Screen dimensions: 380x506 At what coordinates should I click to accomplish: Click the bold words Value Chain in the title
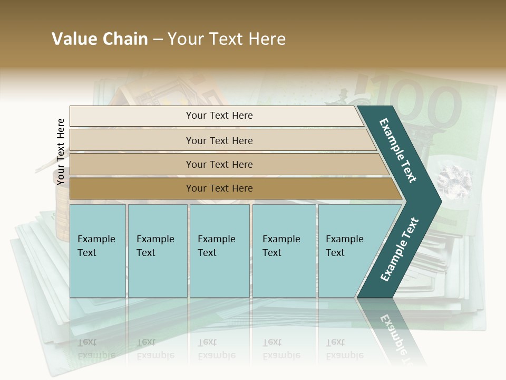pos(100,39)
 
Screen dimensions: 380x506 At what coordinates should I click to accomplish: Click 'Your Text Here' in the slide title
pos(227,39)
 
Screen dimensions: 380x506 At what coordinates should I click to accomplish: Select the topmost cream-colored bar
pos(216,116)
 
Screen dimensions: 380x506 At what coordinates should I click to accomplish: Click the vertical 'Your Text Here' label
pos(61,151)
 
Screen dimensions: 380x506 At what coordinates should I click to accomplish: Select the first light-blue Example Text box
pos(98,251)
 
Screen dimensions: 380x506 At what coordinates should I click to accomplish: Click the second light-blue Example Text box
pos(158,251)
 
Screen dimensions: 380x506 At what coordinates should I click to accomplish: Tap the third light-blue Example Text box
pos(219,251)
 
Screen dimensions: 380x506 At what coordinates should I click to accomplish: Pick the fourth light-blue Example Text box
pos(284,251)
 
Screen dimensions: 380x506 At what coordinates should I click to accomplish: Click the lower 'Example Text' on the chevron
pos(400,249)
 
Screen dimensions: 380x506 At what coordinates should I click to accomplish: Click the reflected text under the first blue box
pos(96,348)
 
